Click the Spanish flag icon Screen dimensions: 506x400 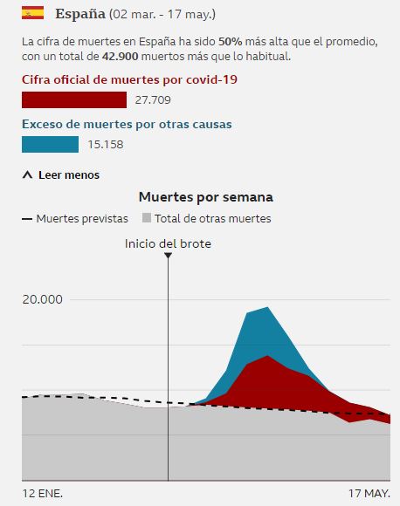[x=32, y=15]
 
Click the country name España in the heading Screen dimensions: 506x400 [x=80, y=15]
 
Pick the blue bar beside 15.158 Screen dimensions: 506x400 [x=50, y=145]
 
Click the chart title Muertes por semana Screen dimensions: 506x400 [x=205, y=197]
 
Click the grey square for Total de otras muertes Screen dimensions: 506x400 [x=148, y=219]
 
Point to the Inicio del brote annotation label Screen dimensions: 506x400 [x=168, y=243]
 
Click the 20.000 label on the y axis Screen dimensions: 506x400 [x=43, y=299]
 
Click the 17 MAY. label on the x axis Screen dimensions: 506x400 [x=369, y=493]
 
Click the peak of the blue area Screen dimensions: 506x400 [x=267, y=308]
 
